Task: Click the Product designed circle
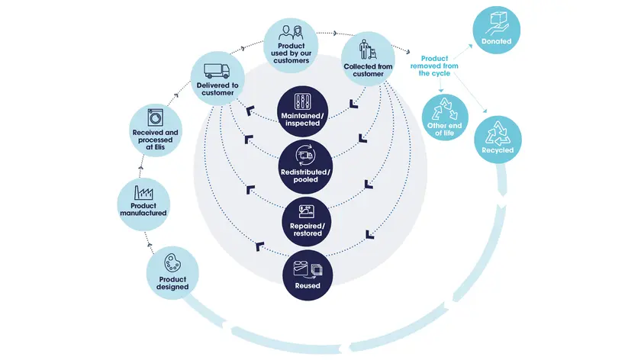point(172,274)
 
